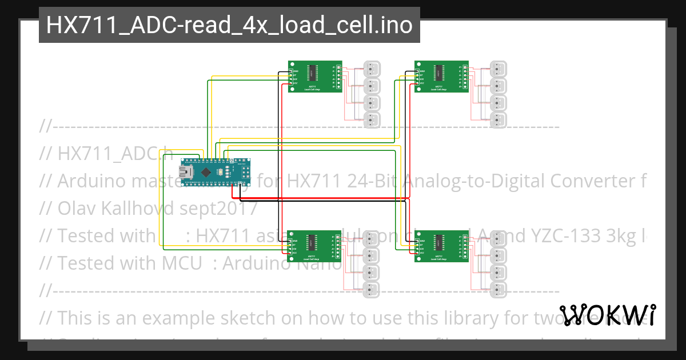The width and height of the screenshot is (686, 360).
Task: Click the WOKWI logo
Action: [608, 314]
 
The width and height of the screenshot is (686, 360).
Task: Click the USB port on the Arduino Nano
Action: [186, 171]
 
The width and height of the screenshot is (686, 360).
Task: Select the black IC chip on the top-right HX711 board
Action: [439, 72]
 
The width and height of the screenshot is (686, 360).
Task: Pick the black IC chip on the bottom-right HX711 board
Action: [439, 241]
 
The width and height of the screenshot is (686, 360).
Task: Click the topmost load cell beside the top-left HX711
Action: [372, 69]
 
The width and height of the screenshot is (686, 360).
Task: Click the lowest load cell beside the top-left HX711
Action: [372, 120]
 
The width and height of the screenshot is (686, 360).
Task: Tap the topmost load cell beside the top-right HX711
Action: [498, 69]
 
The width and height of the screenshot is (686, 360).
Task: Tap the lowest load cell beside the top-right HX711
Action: [498, 120]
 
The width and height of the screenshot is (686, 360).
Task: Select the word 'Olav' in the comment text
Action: [77, 209]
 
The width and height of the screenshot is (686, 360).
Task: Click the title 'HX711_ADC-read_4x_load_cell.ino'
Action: [229, 25]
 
